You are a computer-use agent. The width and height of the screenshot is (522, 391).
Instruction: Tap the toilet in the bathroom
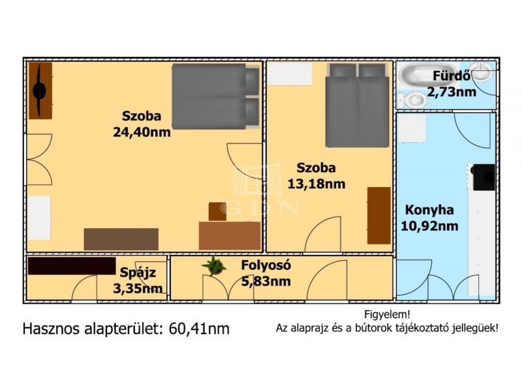coord(412,100)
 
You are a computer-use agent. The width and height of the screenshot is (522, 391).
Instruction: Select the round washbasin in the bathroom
coord(482,72)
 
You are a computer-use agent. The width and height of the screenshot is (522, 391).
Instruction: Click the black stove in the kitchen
coord(484,177)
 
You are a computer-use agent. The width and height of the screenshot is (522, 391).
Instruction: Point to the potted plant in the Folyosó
coord(214,266)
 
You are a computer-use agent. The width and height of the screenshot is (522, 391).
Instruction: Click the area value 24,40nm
coord(142,132)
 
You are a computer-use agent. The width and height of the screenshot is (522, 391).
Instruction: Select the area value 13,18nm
coord(316,184)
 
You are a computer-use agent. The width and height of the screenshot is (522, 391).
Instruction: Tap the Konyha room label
coord(429,210)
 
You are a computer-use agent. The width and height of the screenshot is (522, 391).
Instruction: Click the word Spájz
coord(138,272)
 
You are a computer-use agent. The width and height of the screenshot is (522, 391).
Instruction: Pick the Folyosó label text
coord(266,265)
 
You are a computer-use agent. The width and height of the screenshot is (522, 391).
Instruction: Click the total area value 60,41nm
coord(199,329)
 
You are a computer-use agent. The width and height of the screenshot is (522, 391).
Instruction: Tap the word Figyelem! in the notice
coord(387,314)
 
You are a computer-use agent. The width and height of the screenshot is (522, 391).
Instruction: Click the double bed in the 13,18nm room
coord(357,106)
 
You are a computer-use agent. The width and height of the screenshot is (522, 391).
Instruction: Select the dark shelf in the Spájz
coord(72,266)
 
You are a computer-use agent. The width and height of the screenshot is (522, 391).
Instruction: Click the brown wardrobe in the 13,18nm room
coord(379,216)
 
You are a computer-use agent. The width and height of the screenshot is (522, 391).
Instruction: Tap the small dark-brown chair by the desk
coord(217,211)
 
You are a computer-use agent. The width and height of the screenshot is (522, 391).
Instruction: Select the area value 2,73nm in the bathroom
coord(452,92)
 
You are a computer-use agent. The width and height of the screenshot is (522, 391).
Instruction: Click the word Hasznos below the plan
coord(51,329)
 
